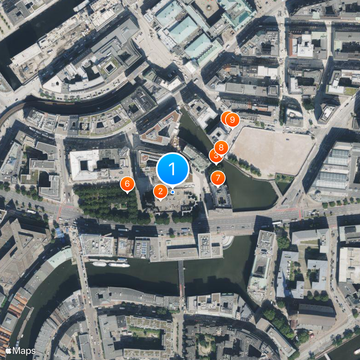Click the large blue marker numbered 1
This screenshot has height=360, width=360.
tap(172, 169)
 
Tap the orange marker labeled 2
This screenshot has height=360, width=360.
tap(160, 191)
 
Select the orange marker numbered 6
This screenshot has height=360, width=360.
tap(127, 183)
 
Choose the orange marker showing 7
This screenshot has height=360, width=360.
tap(218, 178)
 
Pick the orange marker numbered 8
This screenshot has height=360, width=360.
tap(221, 147)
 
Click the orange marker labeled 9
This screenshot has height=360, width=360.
tap(232, 120)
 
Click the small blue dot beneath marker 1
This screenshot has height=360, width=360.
tap(172, 192)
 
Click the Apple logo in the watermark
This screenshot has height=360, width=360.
tap(9, 350)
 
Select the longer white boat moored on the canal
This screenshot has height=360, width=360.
tap(119, 265)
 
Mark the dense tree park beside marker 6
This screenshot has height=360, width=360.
tap(106, 200)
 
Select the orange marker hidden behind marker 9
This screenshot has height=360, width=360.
tap(226, 118)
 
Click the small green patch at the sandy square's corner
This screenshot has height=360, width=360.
tap(284, 178)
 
